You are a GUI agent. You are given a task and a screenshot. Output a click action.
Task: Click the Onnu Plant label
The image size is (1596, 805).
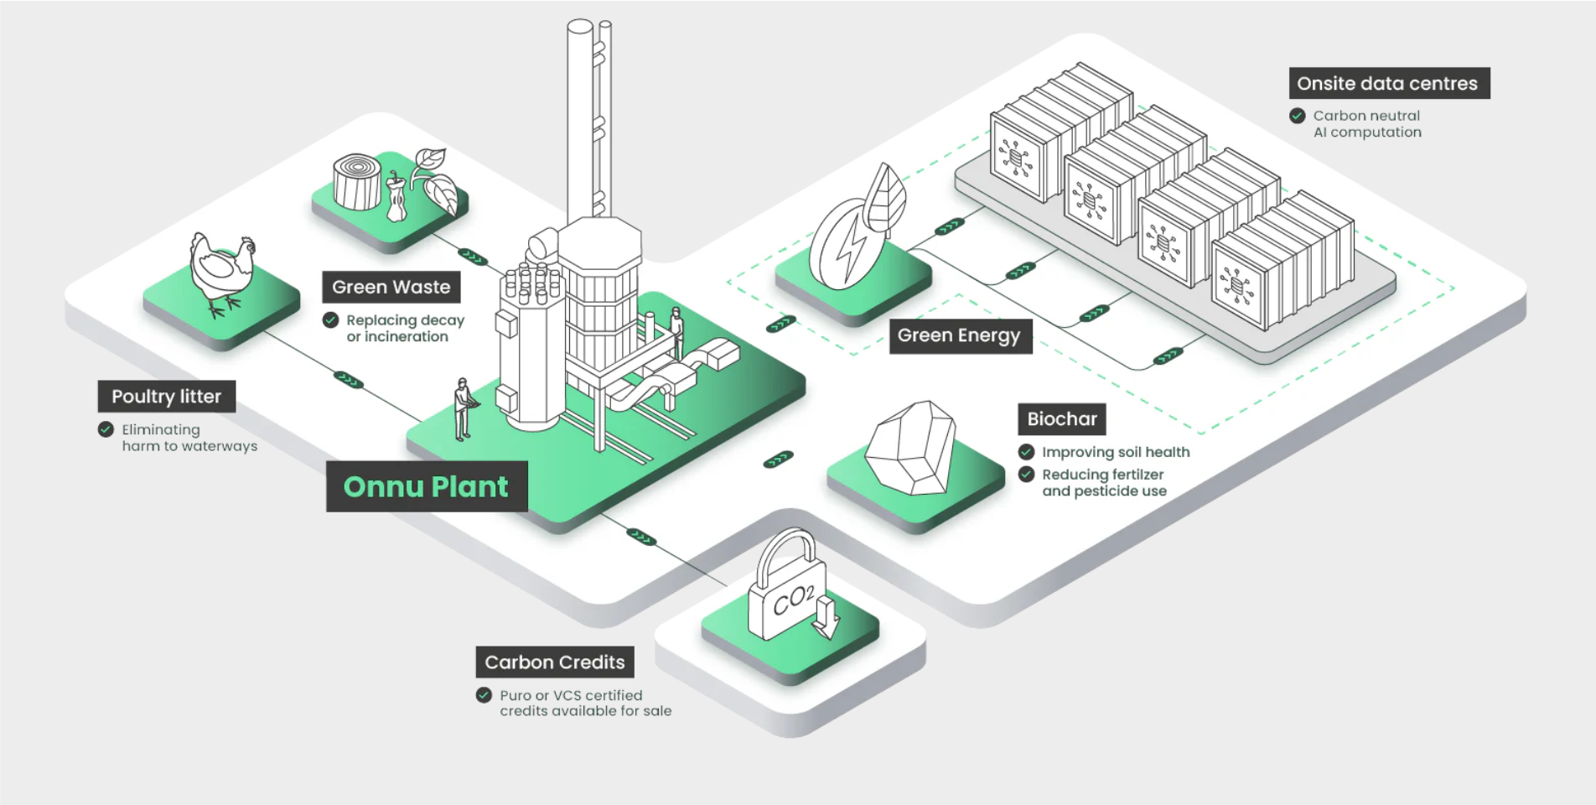click(427, 486)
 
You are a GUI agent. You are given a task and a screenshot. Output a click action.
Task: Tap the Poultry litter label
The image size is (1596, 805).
click(166, 397)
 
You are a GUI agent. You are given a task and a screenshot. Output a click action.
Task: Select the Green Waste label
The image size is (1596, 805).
click(391, 287)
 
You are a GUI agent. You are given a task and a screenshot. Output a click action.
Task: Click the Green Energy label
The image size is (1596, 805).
click(959, 335)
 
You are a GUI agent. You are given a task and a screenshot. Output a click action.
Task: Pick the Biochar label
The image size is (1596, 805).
click(1061, 418)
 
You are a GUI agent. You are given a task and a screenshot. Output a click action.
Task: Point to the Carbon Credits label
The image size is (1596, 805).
click(554, 662)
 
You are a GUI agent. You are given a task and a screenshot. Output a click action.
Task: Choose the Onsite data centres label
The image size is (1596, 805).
click(1387, 84)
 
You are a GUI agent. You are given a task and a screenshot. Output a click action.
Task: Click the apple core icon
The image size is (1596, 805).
click(396, 198)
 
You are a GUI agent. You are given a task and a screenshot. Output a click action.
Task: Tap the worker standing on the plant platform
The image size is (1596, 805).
click(676, 330)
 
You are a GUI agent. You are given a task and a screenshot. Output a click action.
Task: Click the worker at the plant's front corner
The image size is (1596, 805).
click(462, 408)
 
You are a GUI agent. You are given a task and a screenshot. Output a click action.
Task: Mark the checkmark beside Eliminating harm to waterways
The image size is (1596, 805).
click(106, 429)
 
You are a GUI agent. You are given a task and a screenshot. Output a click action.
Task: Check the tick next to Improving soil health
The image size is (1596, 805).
click(1026, 452)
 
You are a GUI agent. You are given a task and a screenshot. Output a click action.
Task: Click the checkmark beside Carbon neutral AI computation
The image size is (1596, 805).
click(1297, 116)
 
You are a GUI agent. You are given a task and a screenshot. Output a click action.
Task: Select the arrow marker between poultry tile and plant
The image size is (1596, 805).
click(348, 380)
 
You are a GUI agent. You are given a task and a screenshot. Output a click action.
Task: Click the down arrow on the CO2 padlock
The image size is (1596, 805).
click(826, 616)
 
